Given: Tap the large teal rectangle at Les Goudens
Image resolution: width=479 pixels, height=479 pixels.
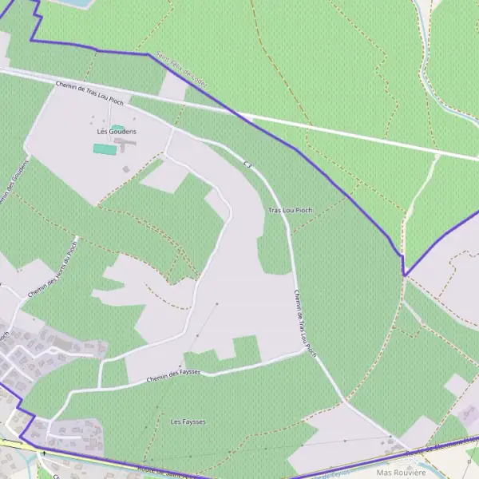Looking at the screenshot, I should point(103,148).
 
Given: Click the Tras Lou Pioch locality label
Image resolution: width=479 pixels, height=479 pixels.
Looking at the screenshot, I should point(290,210).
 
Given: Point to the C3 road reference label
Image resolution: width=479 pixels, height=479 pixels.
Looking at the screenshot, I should point(248,164).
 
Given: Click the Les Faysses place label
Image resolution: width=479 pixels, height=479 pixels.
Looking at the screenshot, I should point(188,421).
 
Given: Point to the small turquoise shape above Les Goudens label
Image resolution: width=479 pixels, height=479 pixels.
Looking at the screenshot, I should point(117,127).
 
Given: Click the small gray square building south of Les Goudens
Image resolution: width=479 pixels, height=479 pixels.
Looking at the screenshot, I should point(125,168).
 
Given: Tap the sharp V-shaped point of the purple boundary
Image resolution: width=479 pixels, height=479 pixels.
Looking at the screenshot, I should point(404,275).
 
